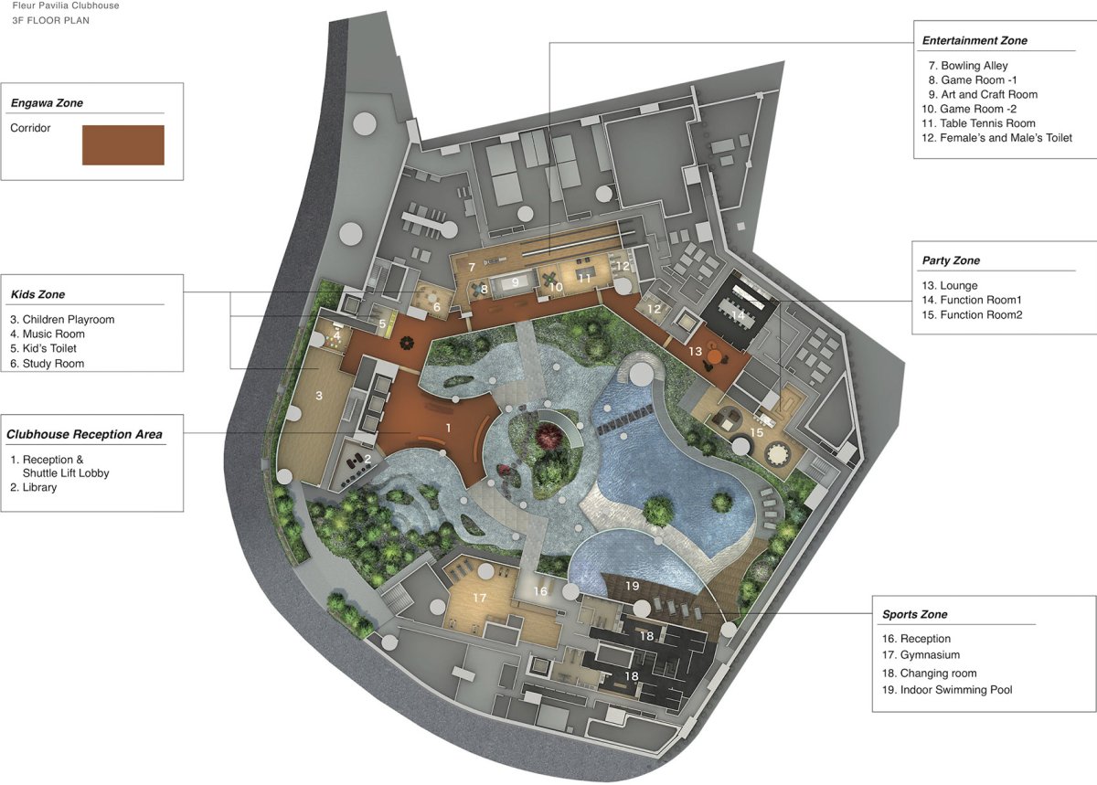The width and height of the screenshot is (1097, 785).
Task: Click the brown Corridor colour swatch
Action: click(122, 145)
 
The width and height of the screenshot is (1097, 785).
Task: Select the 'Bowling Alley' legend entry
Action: click(968, 66)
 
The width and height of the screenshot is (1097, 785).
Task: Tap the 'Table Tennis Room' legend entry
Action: click(978, 123)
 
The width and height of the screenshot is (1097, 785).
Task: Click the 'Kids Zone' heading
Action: click(37, 294)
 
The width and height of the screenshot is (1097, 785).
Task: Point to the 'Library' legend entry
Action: click(33, 487)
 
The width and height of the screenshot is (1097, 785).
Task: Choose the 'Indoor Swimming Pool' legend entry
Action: click(947, 690)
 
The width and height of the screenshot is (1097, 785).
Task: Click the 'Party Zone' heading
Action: click(951, 260)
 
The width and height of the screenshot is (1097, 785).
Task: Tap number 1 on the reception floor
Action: click(448, 428)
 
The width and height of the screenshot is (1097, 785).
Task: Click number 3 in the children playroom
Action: click(319, 395)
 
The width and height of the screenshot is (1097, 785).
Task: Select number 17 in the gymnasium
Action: click(479, 598)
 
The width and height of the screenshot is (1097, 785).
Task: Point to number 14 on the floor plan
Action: click(738, 315)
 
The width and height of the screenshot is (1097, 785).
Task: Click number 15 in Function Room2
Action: click(757, 432)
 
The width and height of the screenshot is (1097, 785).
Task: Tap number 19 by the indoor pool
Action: click(633, 586)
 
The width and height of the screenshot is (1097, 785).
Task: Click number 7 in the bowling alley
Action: click(472, 268)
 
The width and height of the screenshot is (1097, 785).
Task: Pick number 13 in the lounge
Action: click(695, 351)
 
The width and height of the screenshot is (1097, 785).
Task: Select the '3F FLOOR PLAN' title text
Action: click(50, 21)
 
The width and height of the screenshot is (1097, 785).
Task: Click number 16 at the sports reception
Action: click(540, 591)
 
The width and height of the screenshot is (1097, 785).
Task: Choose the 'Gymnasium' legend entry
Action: click(921, 654)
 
